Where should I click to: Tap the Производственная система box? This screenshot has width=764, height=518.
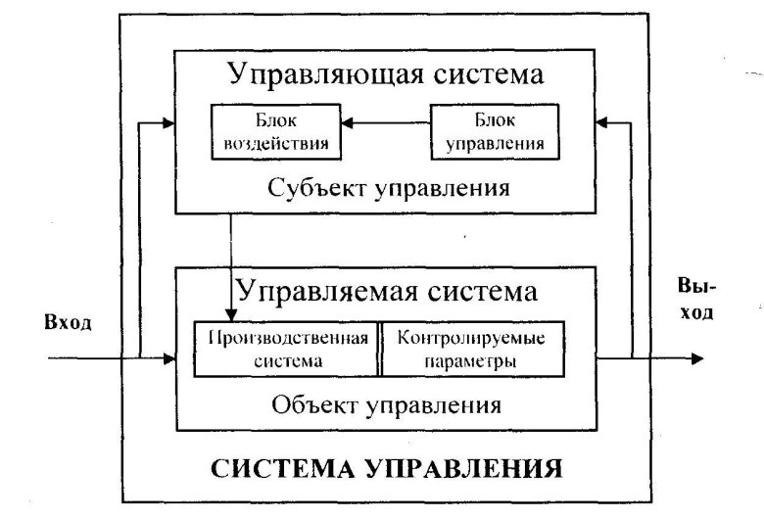pos(286,349)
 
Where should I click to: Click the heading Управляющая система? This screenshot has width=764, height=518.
pos(385,73)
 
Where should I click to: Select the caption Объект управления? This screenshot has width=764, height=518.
pos(386,403)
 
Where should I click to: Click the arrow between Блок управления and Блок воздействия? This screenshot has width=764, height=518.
pos(386,123)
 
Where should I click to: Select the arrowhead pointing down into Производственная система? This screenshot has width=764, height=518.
pos(231,314)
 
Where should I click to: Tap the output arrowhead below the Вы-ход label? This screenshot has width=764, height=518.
pos(695,359)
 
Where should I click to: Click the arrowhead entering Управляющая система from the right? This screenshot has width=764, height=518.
pos(603,123)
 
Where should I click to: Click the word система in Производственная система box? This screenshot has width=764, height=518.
pos(286,359)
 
